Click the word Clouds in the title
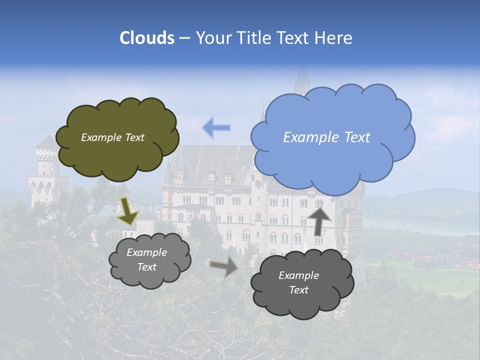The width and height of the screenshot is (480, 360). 147,38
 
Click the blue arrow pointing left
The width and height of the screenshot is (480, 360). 216,128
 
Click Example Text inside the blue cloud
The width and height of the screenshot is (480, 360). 326,137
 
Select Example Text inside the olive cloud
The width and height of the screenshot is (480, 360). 112,137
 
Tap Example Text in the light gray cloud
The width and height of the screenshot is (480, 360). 146,260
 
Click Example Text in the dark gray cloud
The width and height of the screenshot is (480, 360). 298,282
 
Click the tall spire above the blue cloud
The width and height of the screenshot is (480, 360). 302,80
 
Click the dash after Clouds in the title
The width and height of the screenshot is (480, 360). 184,38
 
